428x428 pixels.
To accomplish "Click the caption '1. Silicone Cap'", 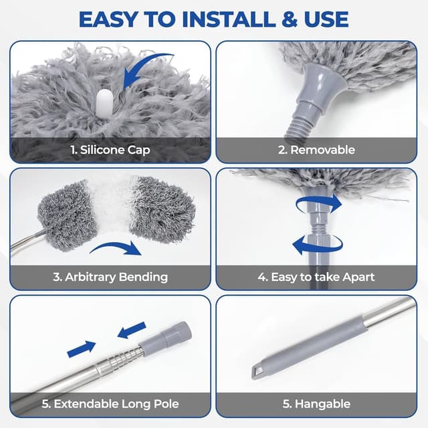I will [110, 150].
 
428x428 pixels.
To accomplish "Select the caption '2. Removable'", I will [316, 150].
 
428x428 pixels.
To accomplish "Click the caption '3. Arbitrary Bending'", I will [110, 276].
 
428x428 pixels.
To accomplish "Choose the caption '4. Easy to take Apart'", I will [316, 276].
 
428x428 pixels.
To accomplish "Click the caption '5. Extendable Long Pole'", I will [110, 404].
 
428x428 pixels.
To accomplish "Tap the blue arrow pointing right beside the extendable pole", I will [81, 348].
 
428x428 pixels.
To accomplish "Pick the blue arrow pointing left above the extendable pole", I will [131, 330].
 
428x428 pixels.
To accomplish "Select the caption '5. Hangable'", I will [316, 404].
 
